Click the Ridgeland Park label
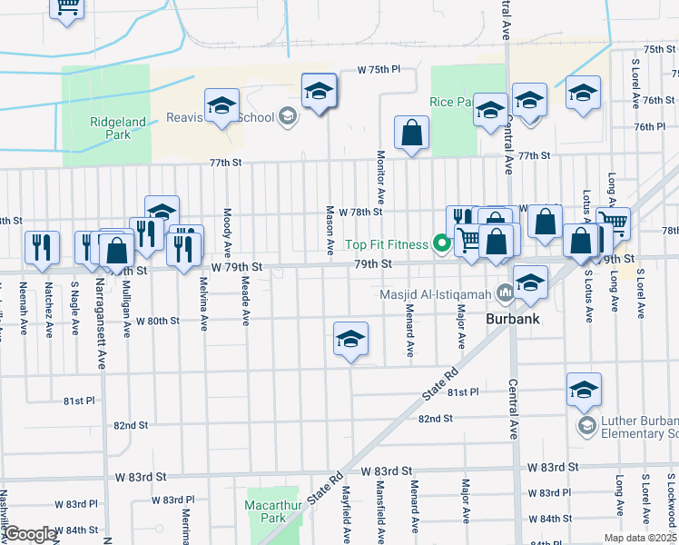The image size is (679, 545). pos(116,127)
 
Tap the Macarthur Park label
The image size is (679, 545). pos(265,509)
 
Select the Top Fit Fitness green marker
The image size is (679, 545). pos(442,243)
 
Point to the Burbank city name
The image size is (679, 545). pos(513,319)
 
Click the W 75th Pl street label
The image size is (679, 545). pos(379,69)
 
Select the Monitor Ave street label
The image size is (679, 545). pos(381,177)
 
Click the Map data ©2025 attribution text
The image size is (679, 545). pos(639,538)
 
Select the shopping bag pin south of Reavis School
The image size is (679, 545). pos(411,133)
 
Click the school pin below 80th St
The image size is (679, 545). pos(350,340)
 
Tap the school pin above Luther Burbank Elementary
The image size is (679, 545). pos(584,390)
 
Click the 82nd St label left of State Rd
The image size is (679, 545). pos(130,424)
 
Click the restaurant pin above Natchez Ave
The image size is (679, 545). pos(42,248)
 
